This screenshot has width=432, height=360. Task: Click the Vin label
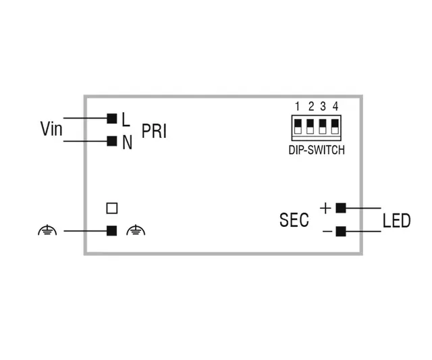coord(51,129)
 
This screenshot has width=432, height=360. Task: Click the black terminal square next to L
coord(112,118)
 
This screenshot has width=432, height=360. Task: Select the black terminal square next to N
coord(112,141)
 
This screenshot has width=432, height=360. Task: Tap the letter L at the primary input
coord(126,120)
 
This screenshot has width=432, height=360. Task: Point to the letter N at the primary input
coord(127,143)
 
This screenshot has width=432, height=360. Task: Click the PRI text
coord(154,131)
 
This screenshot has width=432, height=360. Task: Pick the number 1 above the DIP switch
coord(298,106)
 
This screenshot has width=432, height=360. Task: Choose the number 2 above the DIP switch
coord(311,106)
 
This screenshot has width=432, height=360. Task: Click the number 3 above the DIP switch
coord(323,106)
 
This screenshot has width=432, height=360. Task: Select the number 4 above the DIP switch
coord(335,106)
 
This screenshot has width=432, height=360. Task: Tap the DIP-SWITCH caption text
coord(312,150)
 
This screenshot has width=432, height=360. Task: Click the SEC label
coord(294,220)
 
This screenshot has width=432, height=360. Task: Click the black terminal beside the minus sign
coord(341,232)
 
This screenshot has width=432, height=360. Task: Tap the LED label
coord(396,220)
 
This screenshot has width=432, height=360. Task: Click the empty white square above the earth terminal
coord(112,208)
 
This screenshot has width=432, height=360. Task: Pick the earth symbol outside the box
coord(47,231)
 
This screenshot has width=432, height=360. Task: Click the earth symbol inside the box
coord(136,231)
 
